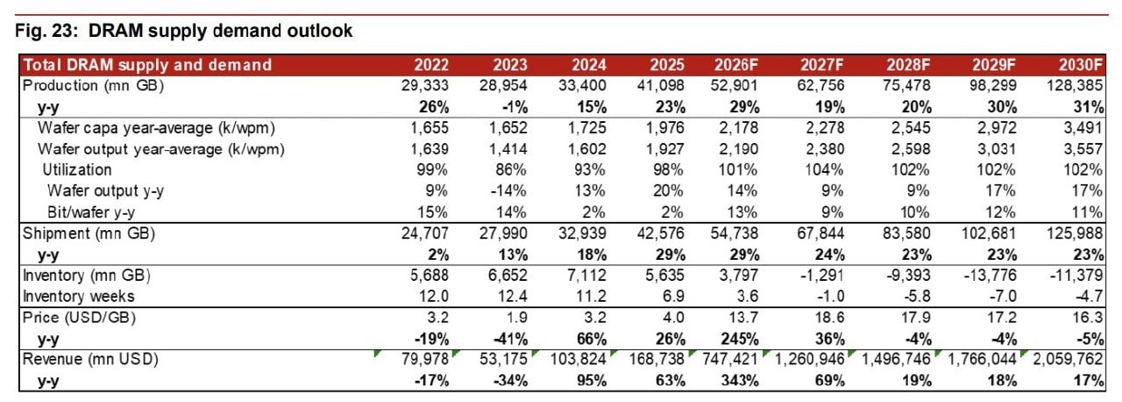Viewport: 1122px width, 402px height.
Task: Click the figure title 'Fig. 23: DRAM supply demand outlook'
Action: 183,31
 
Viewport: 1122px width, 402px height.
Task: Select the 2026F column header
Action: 735,65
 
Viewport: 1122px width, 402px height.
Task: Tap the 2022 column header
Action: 431,65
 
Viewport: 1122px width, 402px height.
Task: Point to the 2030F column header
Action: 1081,65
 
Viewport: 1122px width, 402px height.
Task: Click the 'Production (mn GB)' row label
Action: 93,86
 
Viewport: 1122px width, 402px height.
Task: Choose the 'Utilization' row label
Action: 76,170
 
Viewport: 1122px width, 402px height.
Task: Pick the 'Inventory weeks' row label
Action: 79,297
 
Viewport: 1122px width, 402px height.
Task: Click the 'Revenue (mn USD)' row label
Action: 90,359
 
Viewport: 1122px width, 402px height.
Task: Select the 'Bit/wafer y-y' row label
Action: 90,212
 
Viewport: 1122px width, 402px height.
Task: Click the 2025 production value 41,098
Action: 660,86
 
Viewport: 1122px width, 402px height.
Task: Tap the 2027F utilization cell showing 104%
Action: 823,170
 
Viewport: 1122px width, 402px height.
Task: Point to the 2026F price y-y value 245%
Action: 740,340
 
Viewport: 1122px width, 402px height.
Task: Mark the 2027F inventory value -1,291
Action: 820,276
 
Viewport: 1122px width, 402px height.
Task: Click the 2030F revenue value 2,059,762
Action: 1068,359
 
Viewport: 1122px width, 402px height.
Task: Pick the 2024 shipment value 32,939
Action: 582,233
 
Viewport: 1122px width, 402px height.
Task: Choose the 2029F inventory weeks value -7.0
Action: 1003,297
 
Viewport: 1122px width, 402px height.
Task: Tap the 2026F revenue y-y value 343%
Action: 740,381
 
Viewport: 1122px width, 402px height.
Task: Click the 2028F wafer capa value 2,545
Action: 911,128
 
